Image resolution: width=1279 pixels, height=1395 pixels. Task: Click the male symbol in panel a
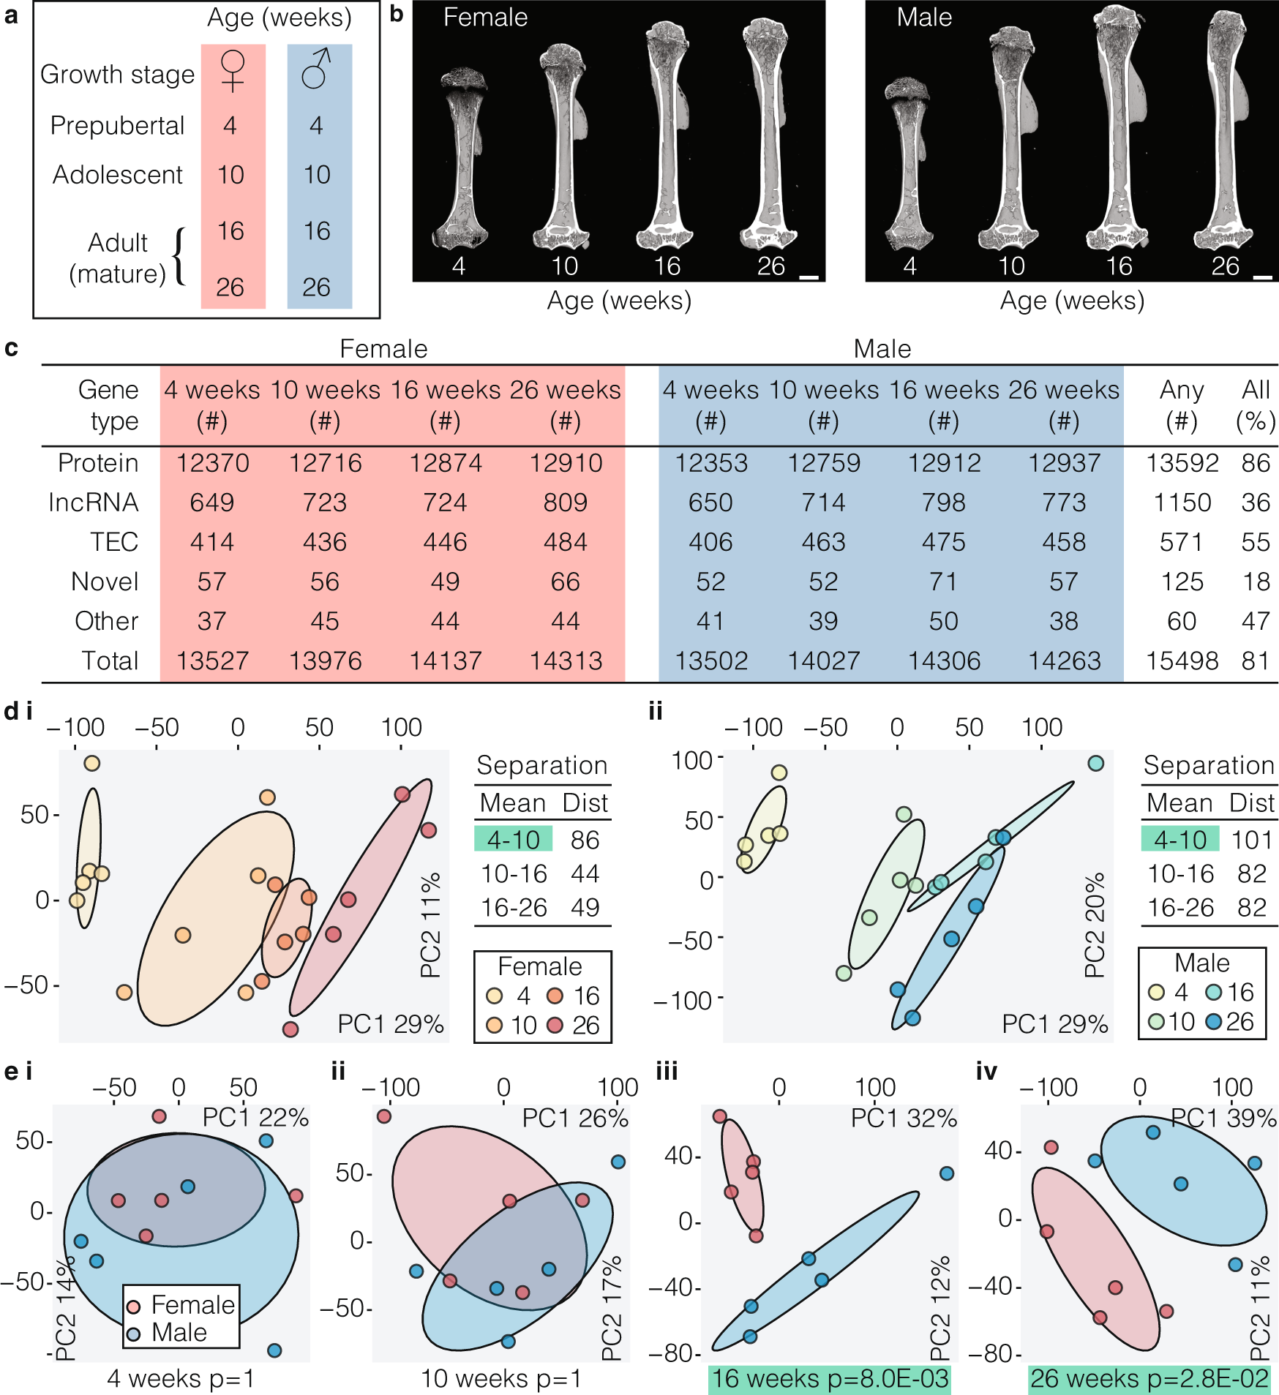pos(317,69)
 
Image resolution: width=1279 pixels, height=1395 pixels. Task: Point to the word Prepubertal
pos(117,126)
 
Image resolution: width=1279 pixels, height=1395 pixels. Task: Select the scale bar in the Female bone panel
pos(809,277)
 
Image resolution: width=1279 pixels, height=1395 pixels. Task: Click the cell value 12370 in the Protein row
pos(212,463)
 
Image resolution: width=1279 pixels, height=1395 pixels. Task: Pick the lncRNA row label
pos(93,503)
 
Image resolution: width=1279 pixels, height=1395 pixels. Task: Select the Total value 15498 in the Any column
pos(1182,661)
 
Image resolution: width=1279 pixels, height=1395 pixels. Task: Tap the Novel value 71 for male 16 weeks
pos(943,582)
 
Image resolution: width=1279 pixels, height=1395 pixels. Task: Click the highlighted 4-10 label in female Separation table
pos(513,840)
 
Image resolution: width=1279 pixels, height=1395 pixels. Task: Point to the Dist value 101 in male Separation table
pos(1251,840)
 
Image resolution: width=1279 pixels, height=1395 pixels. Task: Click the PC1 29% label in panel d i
pos(391,1024)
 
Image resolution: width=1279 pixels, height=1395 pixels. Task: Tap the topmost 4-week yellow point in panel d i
pos(91,763)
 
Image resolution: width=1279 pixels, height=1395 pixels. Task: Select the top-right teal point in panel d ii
pos(1095,763)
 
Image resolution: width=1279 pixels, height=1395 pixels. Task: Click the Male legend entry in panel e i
pos(179,1332)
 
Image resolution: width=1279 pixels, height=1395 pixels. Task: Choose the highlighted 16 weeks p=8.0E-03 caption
pos(830,1379)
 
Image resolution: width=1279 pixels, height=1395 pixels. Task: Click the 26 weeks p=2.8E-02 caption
pos(1149,1379)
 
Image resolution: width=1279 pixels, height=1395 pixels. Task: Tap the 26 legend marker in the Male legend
pos(1213,1021)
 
